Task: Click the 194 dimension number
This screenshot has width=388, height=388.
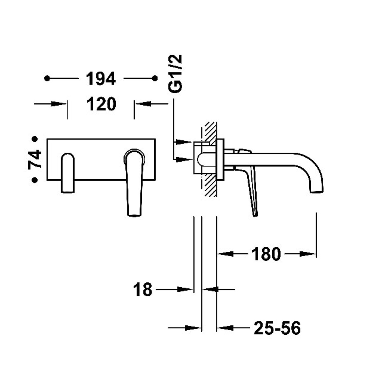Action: point(101,79)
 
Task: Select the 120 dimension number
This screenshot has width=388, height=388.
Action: point(101,104)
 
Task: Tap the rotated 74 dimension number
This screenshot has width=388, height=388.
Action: point(35,159)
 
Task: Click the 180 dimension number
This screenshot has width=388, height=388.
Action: point(266,254)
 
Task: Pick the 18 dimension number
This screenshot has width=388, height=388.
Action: point(143,290)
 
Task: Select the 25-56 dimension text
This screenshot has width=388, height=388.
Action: point(277,328)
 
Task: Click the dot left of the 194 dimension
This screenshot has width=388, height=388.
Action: point(47,78)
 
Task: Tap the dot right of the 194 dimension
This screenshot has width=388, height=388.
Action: point(155,78)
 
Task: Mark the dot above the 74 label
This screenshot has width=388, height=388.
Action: point(35,139)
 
